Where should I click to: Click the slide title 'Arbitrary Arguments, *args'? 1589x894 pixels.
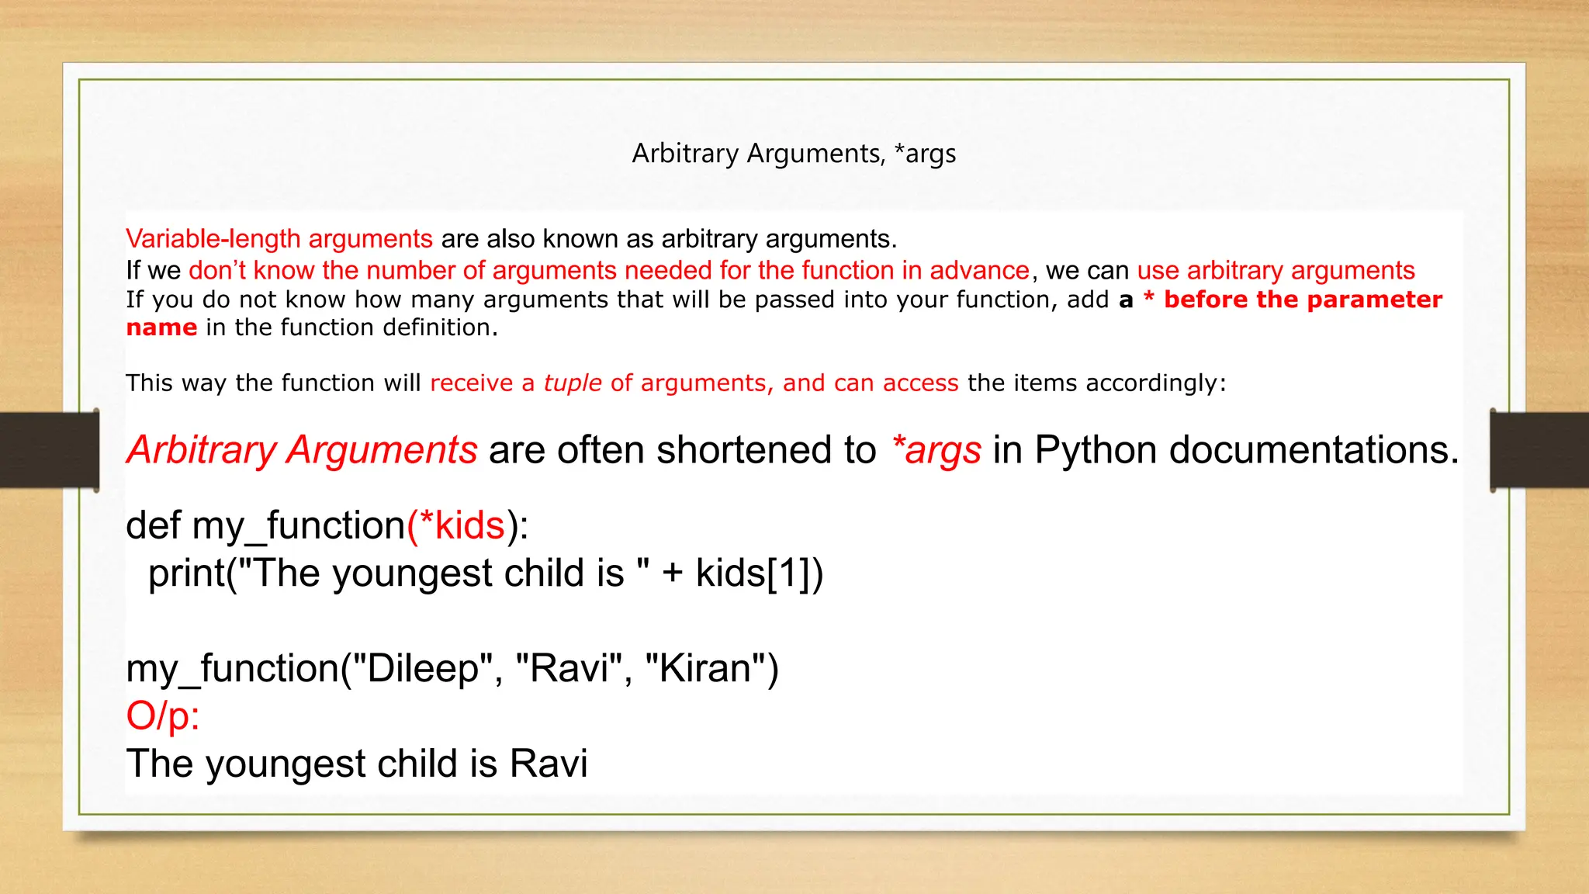coord(794,154)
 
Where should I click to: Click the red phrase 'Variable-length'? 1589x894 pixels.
coord(213,239)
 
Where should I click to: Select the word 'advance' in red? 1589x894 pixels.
coord(979,271)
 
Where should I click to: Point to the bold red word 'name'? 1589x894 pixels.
coord(161,327)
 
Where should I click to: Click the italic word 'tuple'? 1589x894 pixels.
coord(572,383)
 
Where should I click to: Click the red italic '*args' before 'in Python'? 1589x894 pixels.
coord(936,450)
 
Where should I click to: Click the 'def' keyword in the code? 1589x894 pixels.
coord(153,525)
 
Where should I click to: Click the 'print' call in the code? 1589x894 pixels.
coord(186,573)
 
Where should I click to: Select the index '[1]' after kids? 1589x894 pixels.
coord(788,573)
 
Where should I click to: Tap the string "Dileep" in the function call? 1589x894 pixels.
coord(424,669)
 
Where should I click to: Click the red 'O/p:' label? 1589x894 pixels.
coord(163,716)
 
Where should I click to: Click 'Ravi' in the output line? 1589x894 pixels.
coord(549,764)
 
